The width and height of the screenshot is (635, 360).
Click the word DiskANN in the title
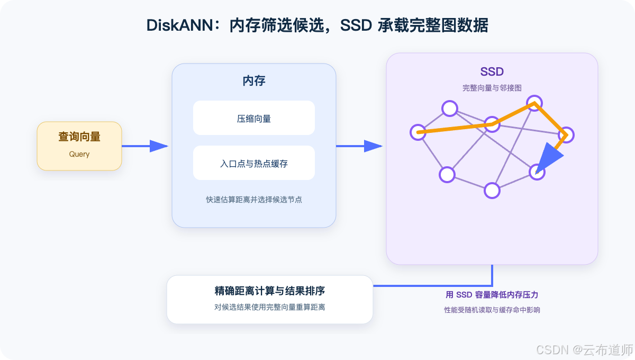179,25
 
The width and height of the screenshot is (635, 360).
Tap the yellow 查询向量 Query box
79,146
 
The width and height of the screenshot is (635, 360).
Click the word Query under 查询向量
79,155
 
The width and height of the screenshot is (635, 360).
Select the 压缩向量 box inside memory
253,118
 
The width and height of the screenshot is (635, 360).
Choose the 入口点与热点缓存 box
253,163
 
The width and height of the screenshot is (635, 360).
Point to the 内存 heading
253,81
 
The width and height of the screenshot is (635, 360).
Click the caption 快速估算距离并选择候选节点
253,200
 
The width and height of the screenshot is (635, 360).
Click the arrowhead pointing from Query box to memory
159,146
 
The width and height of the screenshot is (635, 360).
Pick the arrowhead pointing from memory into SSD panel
373,146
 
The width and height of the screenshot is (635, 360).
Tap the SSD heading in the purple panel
492,72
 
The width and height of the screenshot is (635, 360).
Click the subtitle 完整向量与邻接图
492,88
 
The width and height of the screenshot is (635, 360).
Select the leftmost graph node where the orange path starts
418,132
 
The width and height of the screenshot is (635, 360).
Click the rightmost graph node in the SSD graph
566,135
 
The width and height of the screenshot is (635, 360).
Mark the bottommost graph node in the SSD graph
492,191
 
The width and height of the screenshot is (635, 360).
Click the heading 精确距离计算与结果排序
269,291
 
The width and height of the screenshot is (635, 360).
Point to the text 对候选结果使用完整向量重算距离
269,307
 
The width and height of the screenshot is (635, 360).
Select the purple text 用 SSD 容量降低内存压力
492,295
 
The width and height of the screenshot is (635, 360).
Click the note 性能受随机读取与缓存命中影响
492,310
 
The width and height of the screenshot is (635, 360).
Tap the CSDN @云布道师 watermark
585,350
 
